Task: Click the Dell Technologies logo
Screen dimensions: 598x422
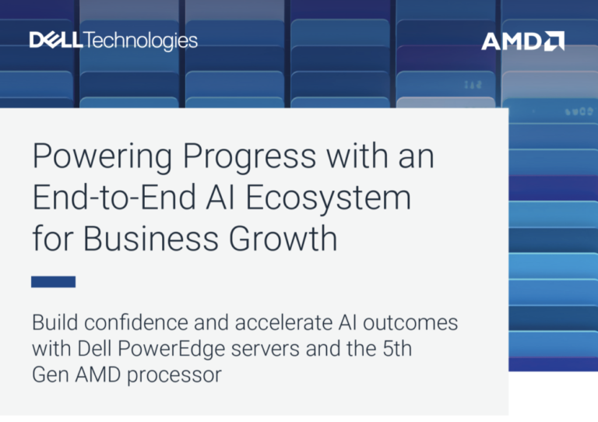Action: click(113, 40)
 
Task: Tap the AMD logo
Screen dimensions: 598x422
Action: click(522, 40)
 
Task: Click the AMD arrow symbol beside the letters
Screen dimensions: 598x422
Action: click(554, 40)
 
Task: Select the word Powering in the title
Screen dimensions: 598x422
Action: click(102, 157)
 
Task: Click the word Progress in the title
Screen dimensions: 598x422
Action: click(249, 157)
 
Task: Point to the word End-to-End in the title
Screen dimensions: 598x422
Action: click(114, 197)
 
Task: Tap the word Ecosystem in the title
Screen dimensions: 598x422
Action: click(329, 199)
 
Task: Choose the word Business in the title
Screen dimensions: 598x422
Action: click(151, 238)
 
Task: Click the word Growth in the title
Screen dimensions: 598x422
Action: click(283, 238)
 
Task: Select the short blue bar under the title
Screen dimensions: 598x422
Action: click(54, 282)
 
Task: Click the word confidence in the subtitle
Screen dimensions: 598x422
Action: click(136, 322)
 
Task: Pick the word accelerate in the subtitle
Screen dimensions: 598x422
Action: click(283, 322)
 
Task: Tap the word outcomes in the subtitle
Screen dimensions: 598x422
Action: click(410, 323)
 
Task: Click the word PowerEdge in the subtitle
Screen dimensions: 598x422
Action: click(171, 349)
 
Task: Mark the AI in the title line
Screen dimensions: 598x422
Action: click(220, 197)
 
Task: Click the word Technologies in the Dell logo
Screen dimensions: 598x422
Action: click(140, 41)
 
